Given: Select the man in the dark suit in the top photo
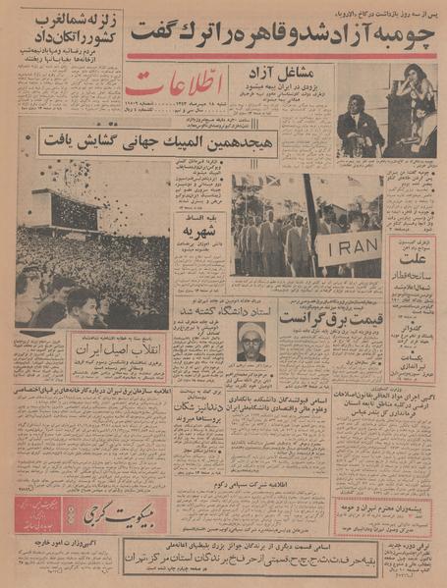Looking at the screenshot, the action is [360, 123].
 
